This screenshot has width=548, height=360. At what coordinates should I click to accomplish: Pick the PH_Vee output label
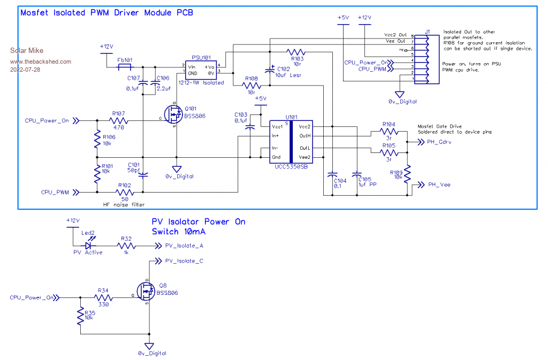(x=439, y=185)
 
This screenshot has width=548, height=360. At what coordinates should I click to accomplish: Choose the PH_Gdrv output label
(x=440, y=142)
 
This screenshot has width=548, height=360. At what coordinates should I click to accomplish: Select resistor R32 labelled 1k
(x=126, y=246)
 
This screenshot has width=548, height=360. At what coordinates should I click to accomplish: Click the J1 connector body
(x=428, y=58)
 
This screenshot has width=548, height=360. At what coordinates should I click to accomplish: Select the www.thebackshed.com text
(x=41, y=62)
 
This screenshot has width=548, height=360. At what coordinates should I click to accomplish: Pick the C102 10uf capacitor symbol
(x=270, y=70)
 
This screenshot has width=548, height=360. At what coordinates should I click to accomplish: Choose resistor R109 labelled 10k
(x=407, y=174)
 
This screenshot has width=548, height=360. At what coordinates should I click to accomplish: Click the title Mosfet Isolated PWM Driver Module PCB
(x=106, y=12)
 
